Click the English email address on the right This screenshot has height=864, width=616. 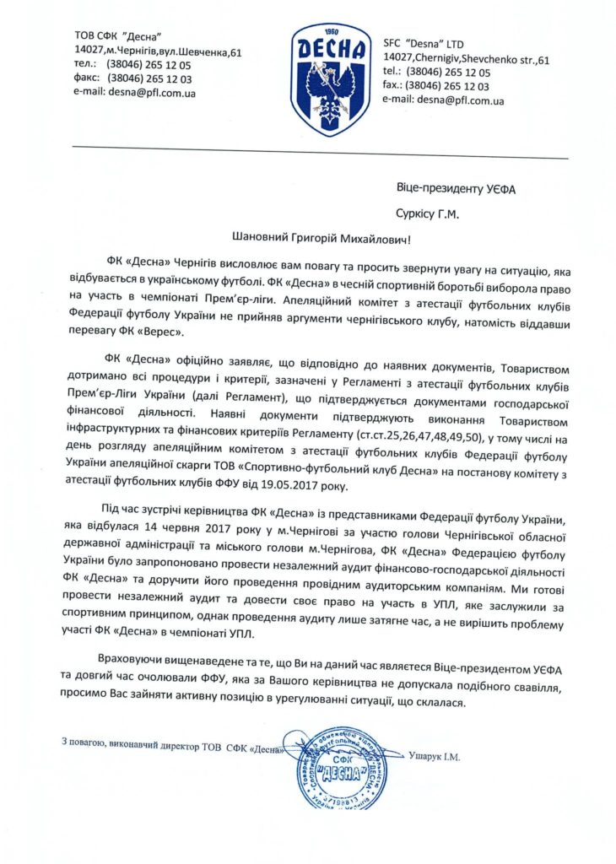point(443,100)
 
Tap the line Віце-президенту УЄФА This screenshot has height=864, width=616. point(454,187)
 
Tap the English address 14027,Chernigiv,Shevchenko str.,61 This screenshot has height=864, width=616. point(466,57)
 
